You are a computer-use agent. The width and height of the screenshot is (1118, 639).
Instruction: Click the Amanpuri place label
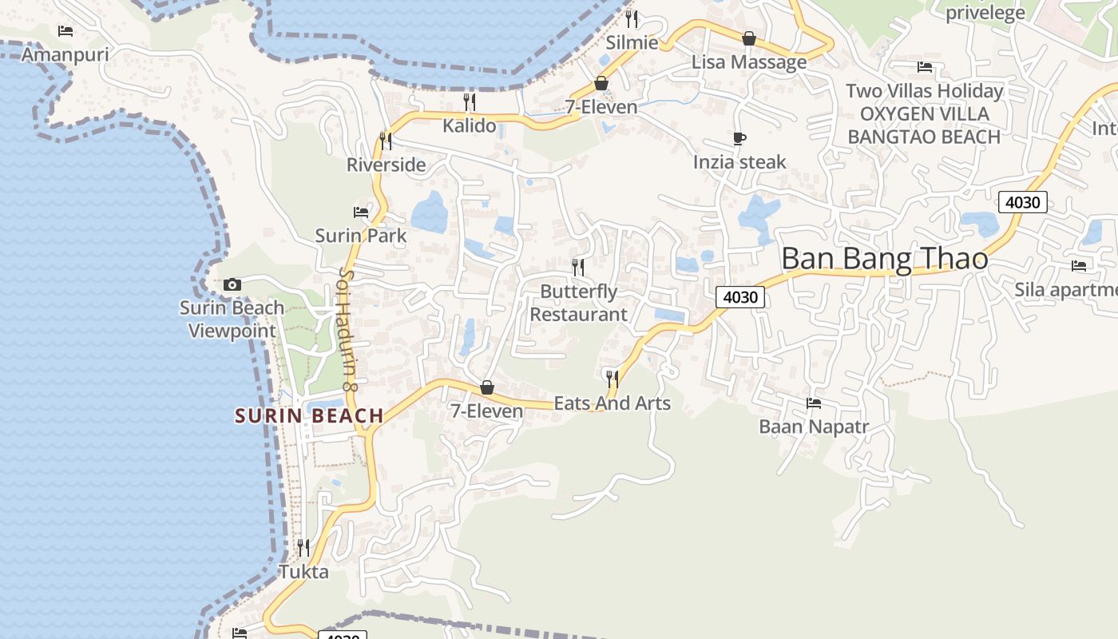65,54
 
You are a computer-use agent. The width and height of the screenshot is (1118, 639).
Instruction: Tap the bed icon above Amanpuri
65,31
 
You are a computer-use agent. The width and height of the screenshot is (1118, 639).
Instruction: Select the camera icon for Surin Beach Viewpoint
232,284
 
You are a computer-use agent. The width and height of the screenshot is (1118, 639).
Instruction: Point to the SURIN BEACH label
309,415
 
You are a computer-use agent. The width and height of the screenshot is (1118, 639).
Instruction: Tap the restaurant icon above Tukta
303,548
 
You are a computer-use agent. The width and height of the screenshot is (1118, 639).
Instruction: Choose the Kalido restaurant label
470,125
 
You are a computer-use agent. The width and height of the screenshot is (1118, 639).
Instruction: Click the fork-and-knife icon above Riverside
386,141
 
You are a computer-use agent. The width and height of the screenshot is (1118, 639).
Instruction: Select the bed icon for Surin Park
361,212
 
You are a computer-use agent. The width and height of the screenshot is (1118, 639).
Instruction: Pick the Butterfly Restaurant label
579,303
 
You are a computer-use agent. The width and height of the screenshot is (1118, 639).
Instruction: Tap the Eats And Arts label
613,403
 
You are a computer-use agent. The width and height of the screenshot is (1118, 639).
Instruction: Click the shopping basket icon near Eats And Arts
486,388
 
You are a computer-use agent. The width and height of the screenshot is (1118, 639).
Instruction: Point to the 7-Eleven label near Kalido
601,107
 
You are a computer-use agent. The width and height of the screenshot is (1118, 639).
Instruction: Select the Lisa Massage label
749,62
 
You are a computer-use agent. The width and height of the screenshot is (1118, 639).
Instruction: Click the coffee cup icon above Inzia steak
739,139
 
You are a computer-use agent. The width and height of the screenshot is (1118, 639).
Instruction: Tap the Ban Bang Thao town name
884,259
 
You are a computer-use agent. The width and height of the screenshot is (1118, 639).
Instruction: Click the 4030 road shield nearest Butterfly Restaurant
739,297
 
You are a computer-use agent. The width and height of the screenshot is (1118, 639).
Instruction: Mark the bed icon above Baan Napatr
814,403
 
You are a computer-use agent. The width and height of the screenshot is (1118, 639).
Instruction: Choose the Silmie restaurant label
632,42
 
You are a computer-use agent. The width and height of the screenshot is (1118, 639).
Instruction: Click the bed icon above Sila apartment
1079,266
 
